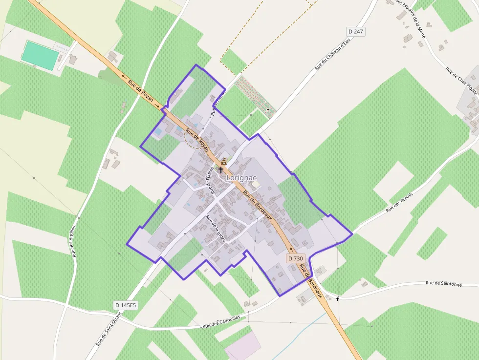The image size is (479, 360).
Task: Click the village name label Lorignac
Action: (241, 178)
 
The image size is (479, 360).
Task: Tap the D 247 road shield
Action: (356, 31)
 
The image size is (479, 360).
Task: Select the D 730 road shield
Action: (295, 258)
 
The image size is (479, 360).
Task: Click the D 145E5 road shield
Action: (126, 305)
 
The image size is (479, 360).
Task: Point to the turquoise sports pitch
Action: (40, 55)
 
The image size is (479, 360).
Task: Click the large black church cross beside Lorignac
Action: (221, 170)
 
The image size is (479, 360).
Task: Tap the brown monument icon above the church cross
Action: (224, 161)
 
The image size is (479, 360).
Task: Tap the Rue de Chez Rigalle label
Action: (461, 78)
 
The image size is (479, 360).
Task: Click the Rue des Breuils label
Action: (399, 201)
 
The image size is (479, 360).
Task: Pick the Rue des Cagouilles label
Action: (221, 322)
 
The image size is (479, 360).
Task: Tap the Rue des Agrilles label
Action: (74, 241)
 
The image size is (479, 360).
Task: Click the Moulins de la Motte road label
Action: (411, 19)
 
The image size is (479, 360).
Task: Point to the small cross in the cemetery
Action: (268, 110)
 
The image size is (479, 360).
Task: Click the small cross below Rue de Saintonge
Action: (337, 298)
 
